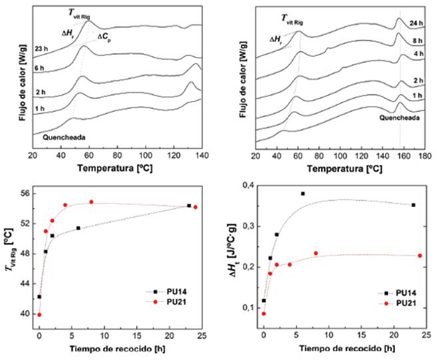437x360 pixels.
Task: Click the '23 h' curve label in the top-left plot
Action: click(41, 48)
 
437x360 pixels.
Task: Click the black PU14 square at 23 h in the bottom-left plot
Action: click(189, 206)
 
